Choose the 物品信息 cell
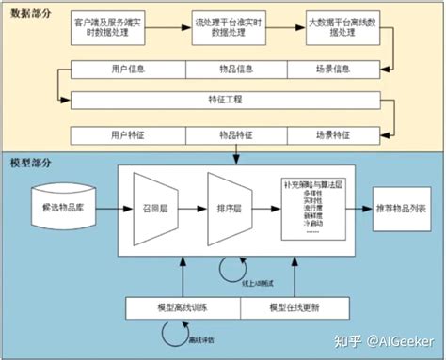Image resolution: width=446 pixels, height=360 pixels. click(238, 69)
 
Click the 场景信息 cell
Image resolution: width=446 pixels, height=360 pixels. click(332, 69)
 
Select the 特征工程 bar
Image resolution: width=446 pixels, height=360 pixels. click(223, 98)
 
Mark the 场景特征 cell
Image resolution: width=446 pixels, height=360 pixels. click(332, 135)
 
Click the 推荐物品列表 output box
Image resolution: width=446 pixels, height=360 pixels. click(399, 206)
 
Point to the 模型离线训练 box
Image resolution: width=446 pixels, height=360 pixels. click(183, 307)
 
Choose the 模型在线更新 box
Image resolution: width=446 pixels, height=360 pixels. click(299, 307)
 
